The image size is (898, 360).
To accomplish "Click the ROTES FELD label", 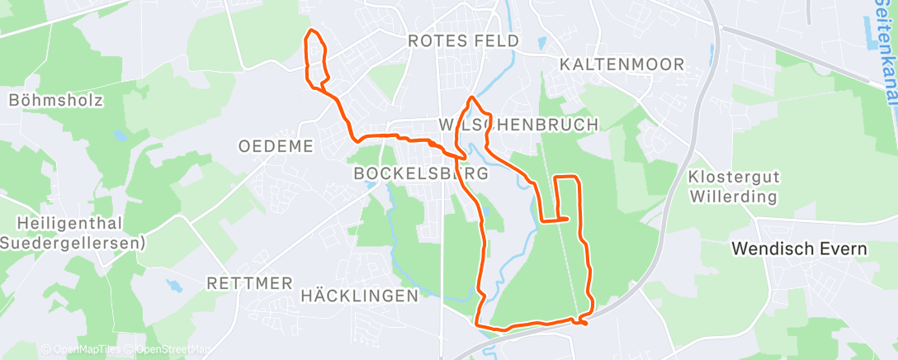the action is point(463,40).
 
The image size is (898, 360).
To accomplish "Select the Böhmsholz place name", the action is point(56,100).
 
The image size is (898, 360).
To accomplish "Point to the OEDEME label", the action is point(276,146).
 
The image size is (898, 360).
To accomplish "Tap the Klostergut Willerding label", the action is point(733,187).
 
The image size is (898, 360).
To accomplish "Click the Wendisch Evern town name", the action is point(800,248).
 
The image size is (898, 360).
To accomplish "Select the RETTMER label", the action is point(249,283).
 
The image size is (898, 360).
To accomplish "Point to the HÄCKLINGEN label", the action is point(360,295).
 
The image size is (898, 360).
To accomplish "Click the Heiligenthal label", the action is point(71,223).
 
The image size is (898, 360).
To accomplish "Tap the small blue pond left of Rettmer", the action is point(175,286).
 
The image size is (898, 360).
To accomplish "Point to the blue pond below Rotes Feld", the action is point(541,42).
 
